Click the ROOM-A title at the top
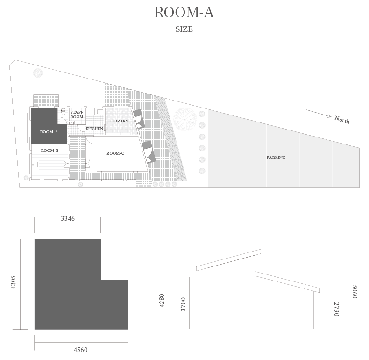point(184,13)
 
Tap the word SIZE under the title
point(184,29)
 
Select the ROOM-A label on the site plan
point(49,132)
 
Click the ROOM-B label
point(50,151)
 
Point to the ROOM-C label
point(115,153)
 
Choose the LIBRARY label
point(119,121)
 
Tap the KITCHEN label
point(94,129)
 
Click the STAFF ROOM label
point(77,115)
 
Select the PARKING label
point(276,158)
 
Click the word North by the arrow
point(342,120)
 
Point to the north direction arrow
point(319,113)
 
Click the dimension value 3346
point(68,219)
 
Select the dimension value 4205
point(13,282)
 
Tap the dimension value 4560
point(80,350)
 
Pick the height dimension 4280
point(162,301)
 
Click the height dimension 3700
point(183,304)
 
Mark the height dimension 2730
point(336,309)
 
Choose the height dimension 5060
point(355,292)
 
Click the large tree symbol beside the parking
point(185,119)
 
